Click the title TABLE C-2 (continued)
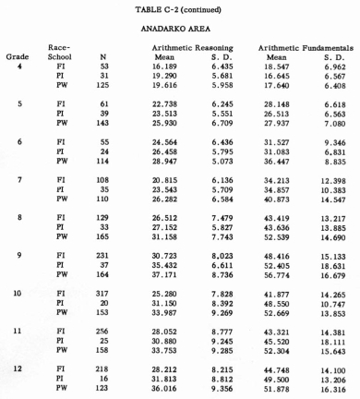(x=179, y=9)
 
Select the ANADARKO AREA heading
(x=179, y=29)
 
